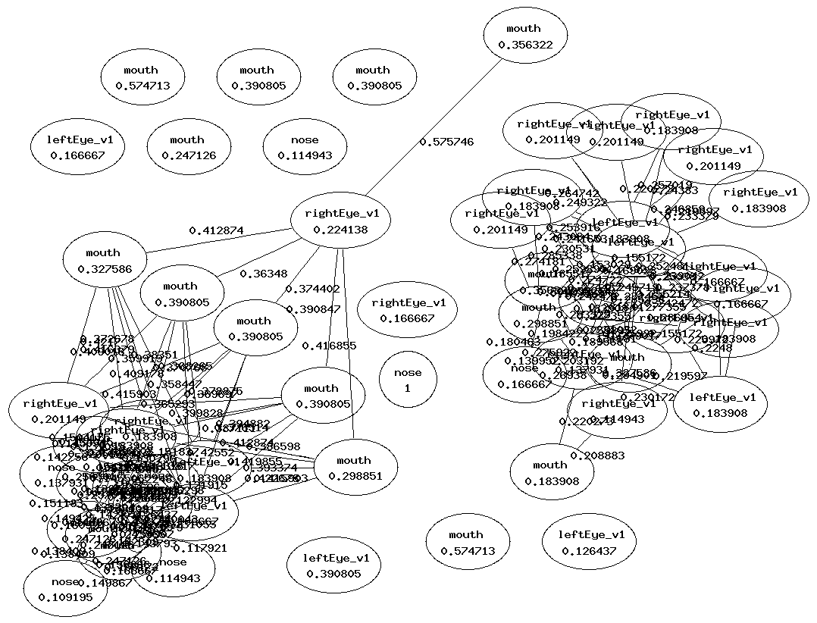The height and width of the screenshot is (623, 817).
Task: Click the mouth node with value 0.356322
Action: pos(524,37)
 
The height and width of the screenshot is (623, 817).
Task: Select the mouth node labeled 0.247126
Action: pos(187,148)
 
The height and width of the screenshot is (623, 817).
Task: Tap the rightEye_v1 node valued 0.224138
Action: pos(336,222)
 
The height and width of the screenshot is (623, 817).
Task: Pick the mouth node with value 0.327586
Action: pos(103,261)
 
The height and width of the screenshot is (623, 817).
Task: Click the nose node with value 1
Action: pos(407,380)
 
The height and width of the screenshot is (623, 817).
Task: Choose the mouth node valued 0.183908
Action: pos(550,473)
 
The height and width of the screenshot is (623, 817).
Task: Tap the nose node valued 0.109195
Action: pos(65,590)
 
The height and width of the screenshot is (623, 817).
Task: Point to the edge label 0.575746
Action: pos(446,142)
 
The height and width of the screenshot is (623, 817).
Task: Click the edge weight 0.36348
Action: pos(263,274)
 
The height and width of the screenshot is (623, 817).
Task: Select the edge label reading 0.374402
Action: pos(312,289)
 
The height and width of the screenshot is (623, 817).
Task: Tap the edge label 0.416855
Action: pos(329,346)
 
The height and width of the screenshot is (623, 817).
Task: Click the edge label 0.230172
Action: pos(647,397)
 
